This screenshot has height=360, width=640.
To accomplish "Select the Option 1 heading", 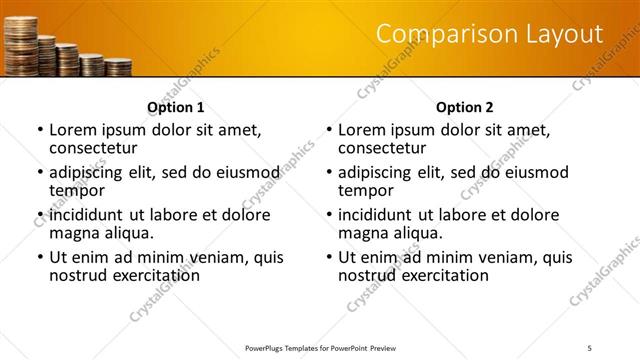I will point(176,107).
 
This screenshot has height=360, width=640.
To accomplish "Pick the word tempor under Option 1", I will point(77,190).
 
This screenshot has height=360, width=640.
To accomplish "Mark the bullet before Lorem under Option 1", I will point(39,131).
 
